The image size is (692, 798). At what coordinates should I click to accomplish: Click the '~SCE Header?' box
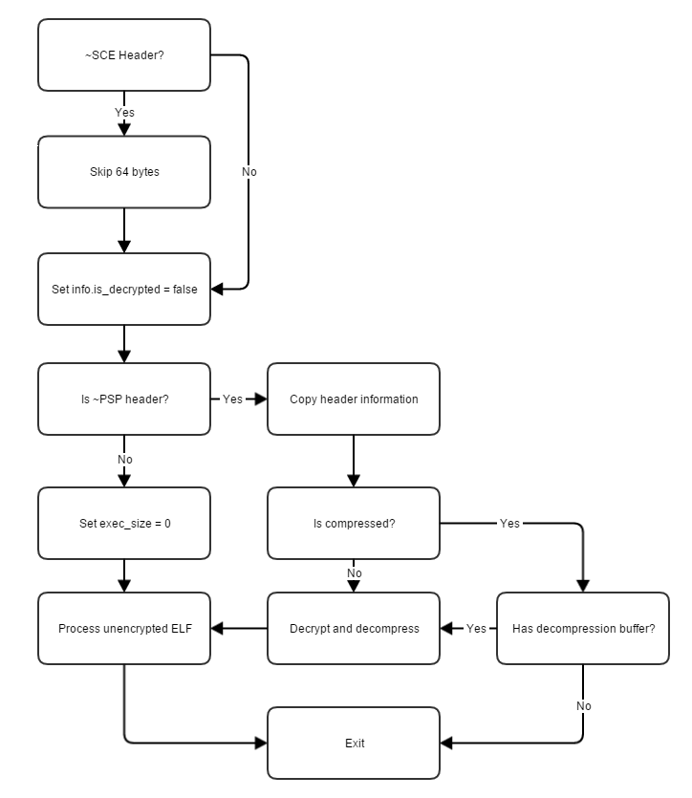pyautogui.click(x=124, y=55)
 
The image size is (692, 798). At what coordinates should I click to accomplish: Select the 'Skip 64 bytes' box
pyautogui.click(x=124, y=172)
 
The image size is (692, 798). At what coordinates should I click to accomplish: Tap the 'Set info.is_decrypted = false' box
pyautogui.click(x=124, y=289)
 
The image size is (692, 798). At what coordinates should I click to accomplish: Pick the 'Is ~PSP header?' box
pyautogui.click(x=124, y=399)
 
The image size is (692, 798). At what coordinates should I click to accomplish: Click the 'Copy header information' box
pyautogui.click(x=354, y=399)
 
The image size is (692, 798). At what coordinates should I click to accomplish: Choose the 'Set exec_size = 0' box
pyautogui.click(x=124, y=523)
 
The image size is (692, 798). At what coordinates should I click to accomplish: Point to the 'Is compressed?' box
pyautogui.click(x=354, y=523)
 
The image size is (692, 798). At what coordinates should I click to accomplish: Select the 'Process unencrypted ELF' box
pyautogui.click(x=124, y=629)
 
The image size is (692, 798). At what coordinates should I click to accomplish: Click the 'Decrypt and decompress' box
pyautogui.click(x=354, y=629)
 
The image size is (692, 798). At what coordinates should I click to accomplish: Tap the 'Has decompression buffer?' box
pyautogui.click(x=583, y=629)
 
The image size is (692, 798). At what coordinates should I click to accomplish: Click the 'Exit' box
pyautogui.click(x=354, y=743)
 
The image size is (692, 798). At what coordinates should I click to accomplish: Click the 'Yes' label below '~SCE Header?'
pyautogui.click(x=124, y=113)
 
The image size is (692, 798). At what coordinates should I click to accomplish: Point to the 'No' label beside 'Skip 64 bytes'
pyautogui.click(x=249, y=172)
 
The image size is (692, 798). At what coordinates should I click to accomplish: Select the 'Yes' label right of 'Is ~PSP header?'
pyautogui.click(x=232, y=399)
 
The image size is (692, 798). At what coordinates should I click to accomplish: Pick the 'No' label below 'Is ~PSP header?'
pyautogui.click(x=125, y=460)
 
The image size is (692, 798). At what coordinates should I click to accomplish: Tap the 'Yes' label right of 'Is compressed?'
pyautogui.click(x=509, y=523)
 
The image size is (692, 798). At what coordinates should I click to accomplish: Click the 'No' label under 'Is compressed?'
pyautogui.click(x=355, y=573)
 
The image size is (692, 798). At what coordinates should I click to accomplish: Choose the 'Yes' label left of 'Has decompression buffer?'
pyautogui.click(x=476, y=629)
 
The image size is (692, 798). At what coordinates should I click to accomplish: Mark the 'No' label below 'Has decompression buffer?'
pyautogui.click(x=584, y=706)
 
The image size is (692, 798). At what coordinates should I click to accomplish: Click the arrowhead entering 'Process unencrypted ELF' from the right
pyautogui.click(x=217, y=629)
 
